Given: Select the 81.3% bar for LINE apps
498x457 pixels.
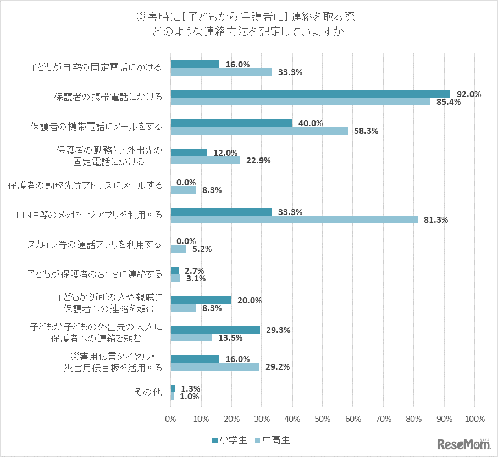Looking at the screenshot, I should tap(294, 219).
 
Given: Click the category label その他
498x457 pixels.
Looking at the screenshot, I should tap(148, 392).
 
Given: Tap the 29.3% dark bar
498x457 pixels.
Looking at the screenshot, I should tap(215, 330).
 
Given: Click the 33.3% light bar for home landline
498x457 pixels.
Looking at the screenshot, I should tap(221, 71).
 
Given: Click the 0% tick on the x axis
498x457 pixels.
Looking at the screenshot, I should tap(171, 419).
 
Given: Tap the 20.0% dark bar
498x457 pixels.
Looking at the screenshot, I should tap(201, 300).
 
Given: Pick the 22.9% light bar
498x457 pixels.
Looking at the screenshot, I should tap(205, 160).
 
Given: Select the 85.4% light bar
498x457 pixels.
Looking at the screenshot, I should tap(300, 101).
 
